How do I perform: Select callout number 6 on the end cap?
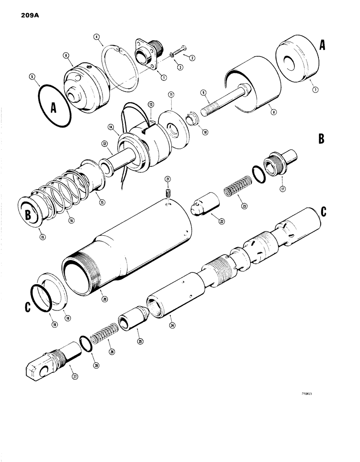tap(65, 55)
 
